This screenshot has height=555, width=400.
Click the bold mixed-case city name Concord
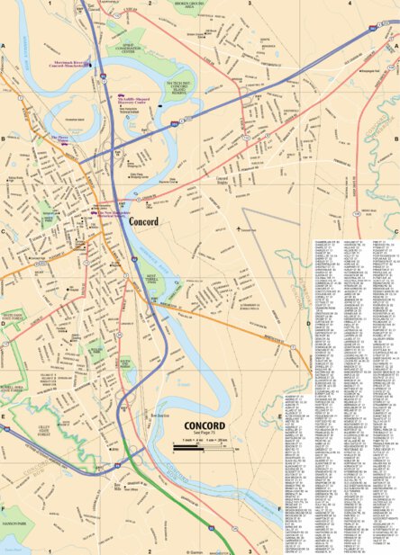coord(143,219)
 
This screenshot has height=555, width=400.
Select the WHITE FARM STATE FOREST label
coord(14,316)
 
